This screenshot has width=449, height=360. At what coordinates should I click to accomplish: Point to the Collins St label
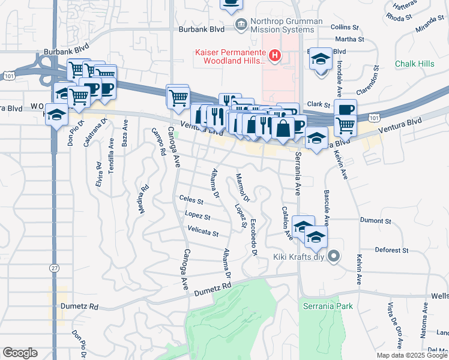coord(344,27)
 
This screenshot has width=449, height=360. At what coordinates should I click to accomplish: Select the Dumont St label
coord(375,221)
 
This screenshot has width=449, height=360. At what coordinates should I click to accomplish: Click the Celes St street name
coord(191,199)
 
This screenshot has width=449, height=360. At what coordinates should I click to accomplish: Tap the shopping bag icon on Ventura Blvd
coord(283,128)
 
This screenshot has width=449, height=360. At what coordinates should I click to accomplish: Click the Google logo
coord(20,353)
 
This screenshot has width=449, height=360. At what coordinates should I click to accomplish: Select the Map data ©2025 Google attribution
coord(411,355)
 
